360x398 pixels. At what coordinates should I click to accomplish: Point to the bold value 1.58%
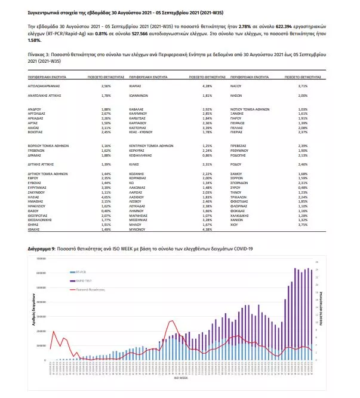pyautogui.click(x=34, y=41)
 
